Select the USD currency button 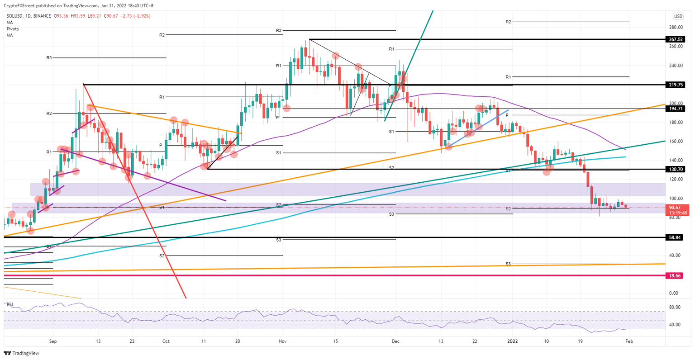point(678,16)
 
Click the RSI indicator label point(9,305)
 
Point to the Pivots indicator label point(13,28)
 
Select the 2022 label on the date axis point(512,341)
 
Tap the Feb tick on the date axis point(629,341)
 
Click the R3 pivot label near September point(49,58)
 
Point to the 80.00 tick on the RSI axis point(675,308)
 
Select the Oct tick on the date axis point(166,341)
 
